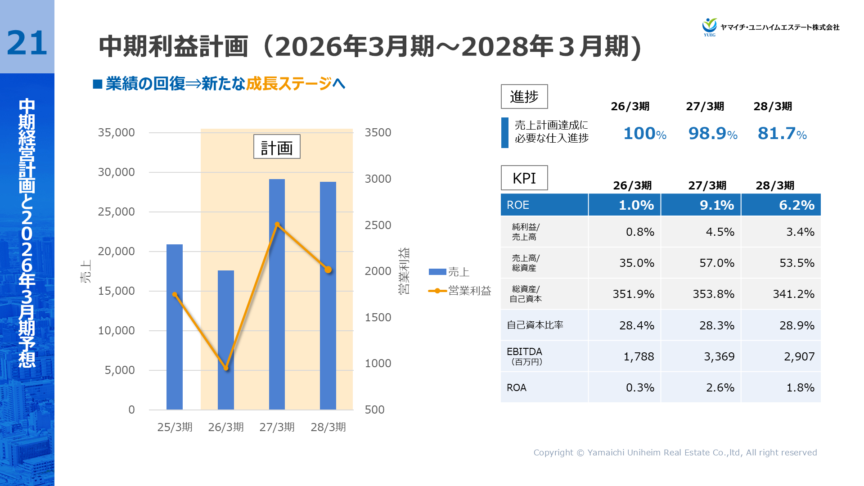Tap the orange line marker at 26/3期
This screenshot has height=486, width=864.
226,368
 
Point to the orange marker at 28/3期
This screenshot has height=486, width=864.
328,270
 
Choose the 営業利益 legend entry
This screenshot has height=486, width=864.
459,291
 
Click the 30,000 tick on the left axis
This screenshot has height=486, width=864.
117,172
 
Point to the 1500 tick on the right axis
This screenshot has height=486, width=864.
378,317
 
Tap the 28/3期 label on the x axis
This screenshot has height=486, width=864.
328,427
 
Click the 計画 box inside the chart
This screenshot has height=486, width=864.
277,147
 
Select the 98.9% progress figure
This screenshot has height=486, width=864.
712,134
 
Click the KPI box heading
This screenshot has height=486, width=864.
524,178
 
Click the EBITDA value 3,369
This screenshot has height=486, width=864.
719,356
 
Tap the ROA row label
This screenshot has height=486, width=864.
517,387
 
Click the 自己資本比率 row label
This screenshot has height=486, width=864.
535,325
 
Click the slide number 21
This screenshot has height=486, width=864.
27,43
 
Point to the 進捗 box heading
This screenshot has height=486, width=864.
524,97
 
